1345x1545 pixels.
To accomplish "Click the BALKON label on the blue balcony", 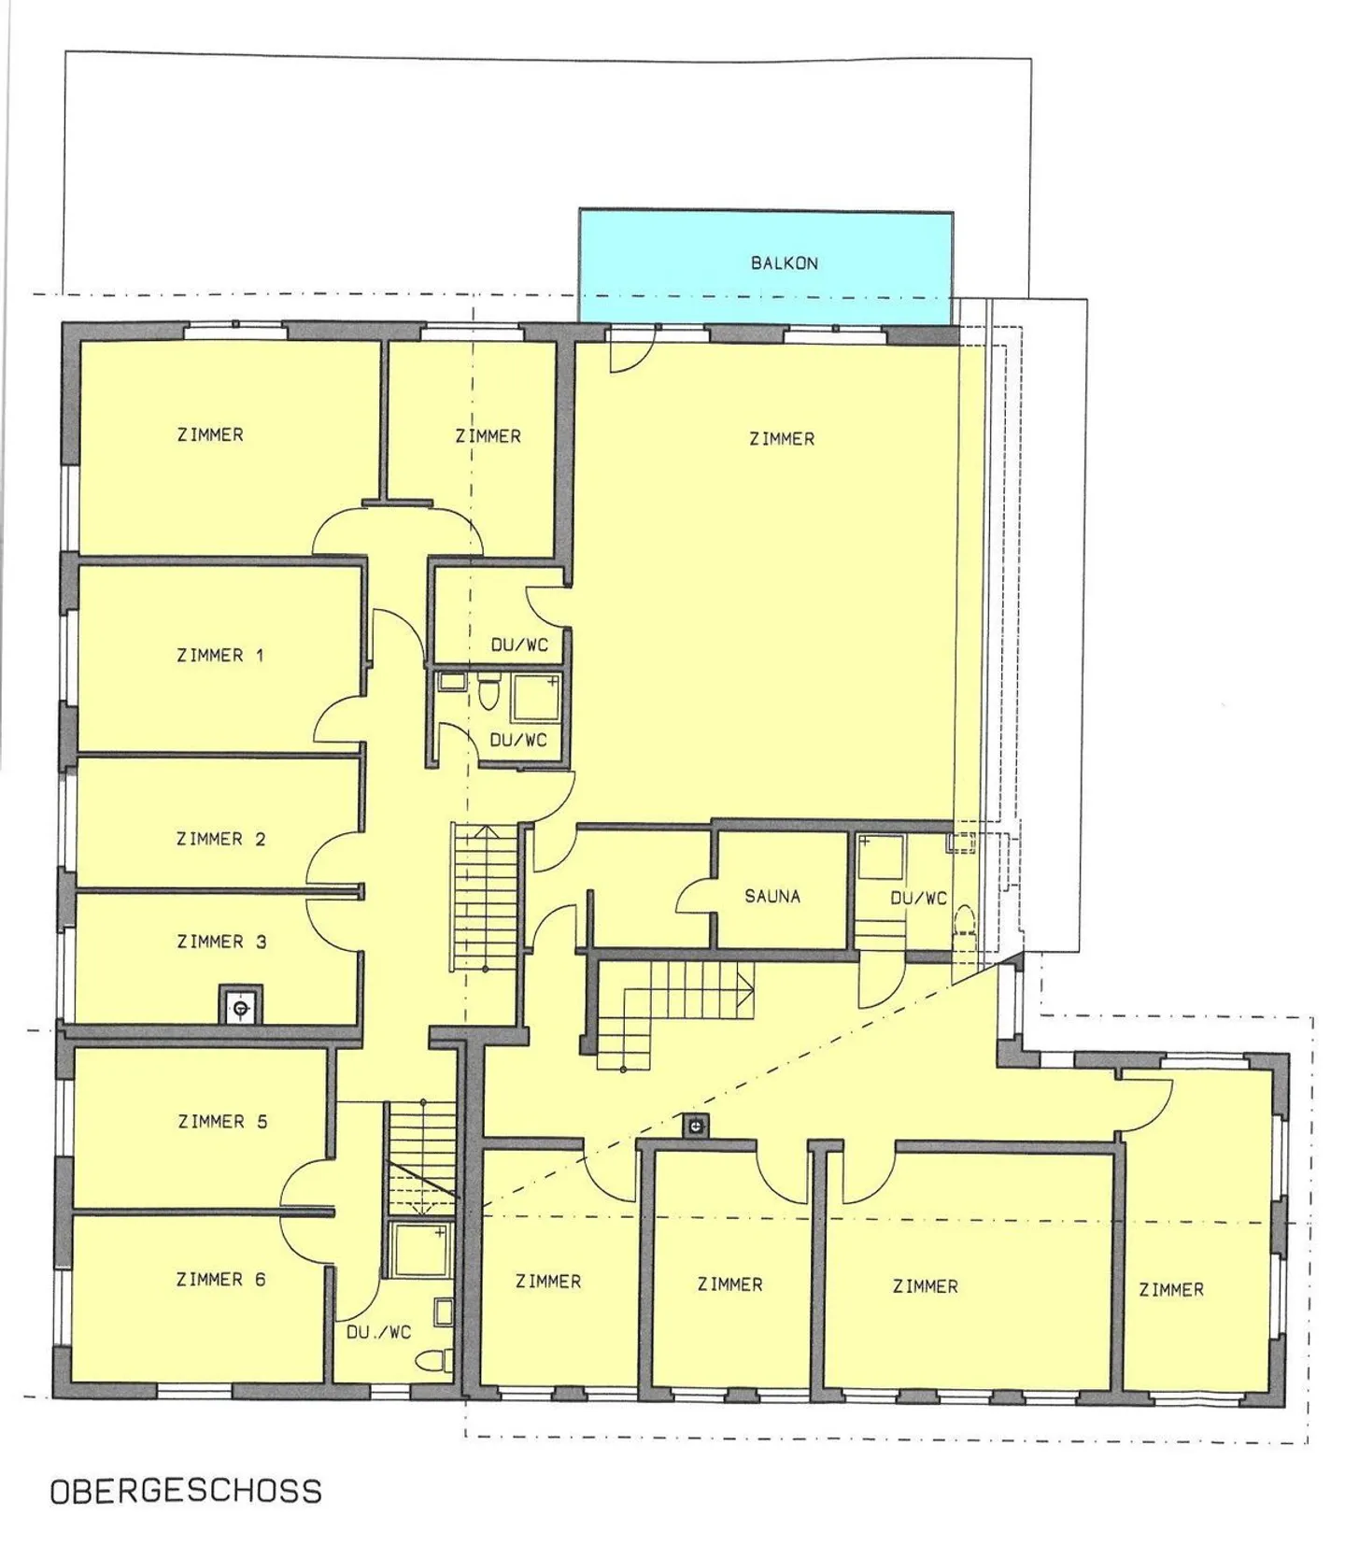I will tap(784, 263).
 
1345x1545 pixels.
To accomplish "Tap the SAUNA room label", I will tap(772, 897).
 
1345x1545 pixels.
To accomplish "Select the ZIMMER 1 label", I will tap(220, 656).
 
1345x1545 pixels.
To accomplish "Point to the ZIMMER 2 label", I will tap(221, 840).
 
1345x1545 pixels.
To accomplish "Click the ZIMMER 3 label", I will tap(221, 943).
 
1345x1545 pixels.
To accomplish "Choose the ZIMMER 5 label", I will tap(222, 1122).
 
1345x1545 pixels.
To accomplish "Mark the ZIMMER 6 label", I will tap(221, 1281).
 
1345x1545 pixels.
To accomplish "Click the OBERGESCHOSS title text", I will tap(186, 1491).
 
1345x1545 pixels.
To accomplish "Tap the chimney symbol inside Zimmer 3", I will tap(241, 1008).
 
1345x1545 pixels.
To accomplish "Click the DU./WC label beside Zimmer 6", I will tap(378, 1333).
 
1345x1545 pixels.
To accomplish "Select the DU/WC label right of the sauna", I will tap(918, 899).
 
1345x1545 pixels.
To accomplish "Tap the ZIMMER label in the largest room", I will tap(782, 439).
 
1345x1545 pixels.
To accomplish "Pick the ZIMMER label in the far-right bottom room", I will tap(1170, 1291).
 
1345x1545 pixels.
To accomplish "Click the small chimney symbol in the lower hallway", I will tap(695, 1127).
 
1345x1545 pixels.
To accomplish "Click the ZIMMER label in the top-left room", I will tap(210, 435).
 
